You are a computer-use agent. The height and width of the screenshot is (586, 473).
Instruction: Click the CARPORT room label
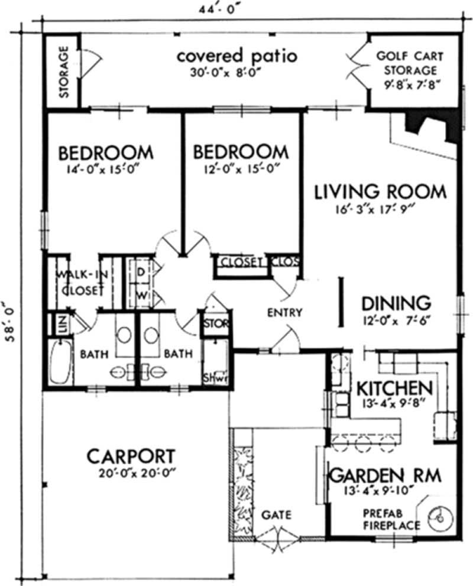(x=131, y=457)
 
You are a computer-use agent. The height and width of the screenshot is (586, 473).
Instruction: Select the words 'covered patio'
(x=237, y=56)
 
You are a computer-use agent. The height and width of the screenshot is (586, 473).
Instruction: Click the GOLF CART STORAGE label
(x=410, y=63)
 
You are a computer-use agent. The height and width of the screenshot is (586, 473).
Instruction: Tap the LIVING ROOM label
(x=380, y=192)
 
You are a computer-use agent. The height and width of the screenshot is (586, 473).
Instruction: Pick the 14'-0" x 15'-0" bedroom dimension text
(x=100, y=170)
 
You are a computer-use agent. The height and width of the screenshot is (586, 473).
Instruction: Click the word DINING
(x=396, y=303)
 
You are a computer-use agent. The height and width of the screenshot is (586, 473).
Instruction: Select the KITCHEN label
(x=394, y=388)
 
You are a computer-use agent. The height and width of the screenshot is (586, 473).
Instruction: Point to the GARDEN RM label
(x=385, y=475)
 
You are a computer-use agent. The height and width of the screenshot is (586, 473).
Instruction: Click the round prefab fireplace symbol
(x=440, y=518)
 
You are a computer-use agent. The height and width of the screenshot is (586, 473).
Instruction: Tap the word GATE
(x=276, y=515)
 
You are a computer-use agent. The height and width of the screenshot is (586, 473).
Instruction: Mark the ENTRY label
(x=285, y=312)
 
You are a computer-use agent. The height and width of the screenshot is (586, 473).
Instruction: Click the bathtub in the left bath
(x=60, y=361)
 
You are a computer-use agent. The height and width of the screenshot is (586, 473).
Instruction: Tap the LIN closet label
(x=63, y=324)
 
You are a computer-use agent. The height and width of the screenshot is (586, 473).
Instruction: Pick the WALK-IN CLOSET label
(x=82, y=283)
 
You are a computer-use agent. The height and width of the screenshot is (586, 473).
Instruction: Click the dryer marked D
(x=141, y=272)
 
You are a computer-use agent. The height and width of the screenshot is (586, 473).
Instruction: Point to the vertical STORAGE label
(x=64, y=72)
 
